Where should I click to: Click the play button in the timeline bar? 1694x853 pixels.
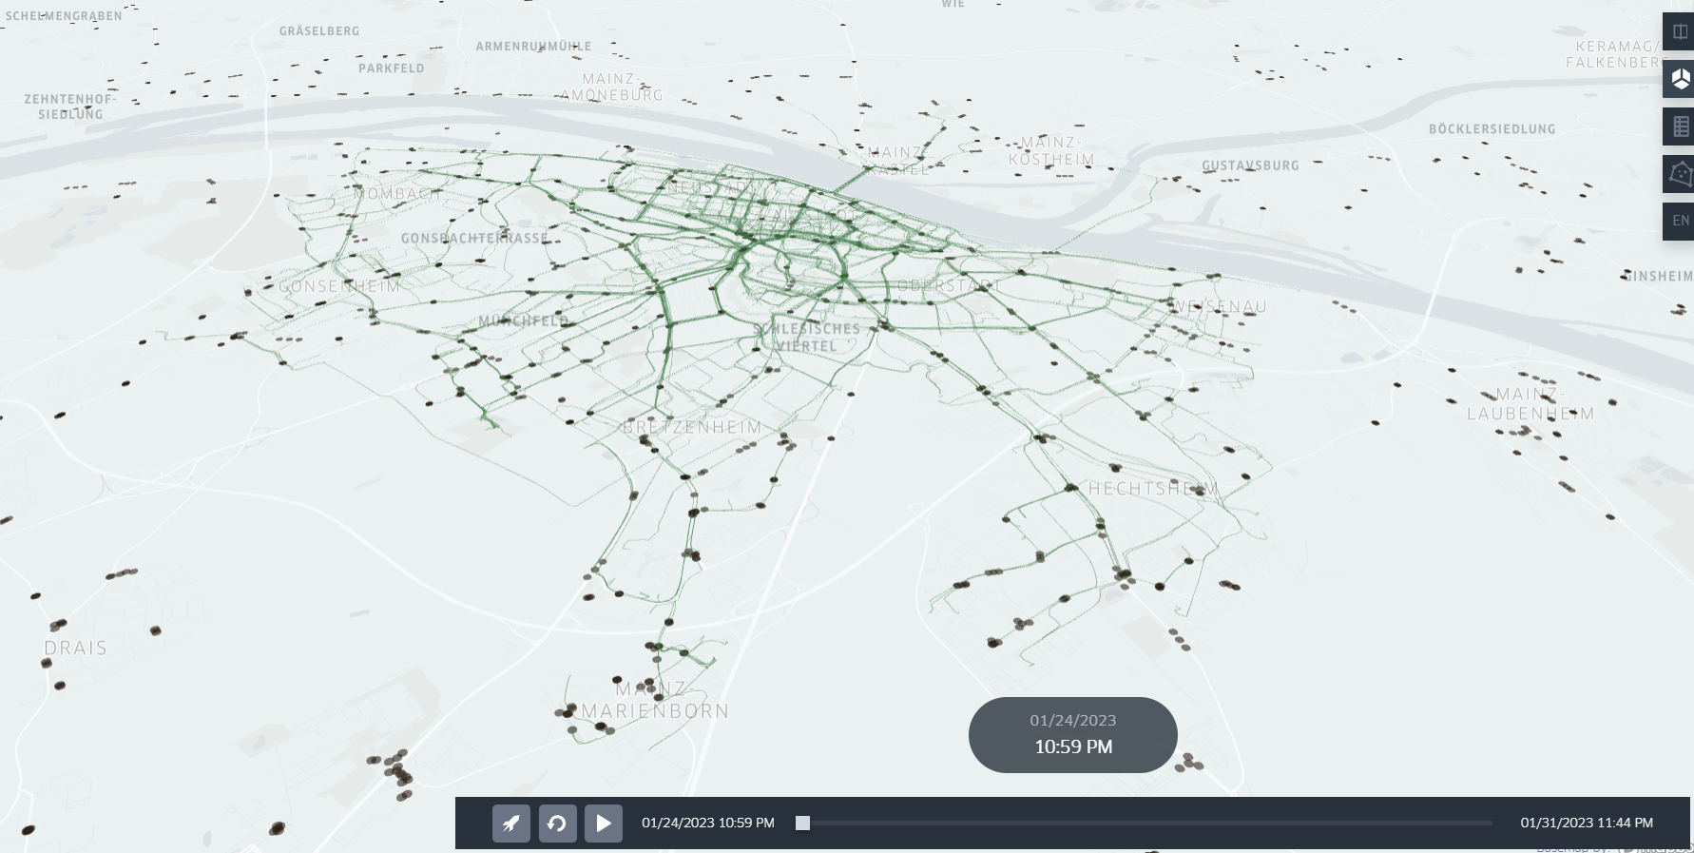604,824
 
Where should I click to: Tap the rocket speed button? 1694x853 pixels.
511,824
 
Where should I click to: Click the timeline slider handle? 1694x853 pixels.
803,824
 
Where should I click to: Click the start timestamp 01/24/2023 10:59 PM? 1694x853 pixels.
707,824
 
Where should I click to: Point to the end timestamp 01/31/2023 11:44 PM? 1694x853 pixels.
1586,824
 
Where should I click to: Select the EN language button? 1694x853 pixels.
1680,221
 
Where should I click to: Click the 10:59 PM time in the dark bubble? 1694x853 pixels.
1072,747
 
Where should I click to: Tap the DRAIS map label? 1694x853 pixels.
75,649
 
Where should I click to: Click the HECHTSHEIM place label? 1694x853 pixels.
1153,489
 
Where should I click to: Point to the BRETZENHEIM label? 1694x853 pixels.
692,428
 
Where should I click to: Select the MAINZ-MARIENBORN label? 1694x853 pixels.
655,700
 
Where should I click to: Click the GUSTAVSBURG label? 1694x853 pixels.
1250,165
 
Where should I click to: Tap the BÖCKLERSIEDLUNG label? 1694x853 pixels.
1492,129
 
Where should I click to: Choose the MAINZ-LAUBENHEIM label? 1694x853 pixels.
1530,404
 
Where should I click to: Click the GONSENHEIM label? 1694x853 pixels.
339,286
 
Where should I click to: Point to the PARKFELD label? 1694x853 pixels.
391,68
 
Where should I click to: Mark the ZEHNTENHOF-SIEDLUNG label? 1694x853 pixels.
70,107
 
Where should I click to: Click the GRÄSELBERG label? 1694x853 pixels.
319,31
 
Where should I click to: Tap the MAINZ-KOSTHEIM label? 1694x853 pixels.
1050,151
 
